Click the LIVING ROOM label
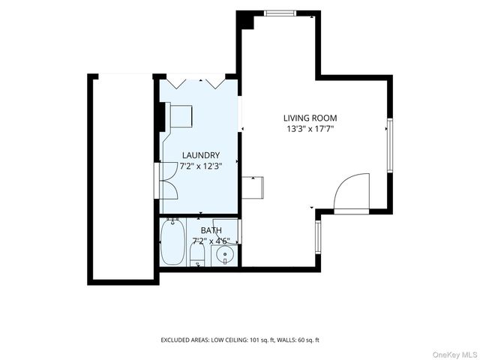coord(310,118)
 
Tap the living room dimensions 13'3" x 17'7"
coord(310,129)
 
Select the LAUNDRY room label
coord(201,155)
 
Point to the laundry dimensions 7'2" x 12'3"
coord(201,166)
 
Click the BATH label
coord(211,230)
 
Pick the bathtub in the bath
coord(172,241)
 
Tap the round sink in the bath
coord(225,254)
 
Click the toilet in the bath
coord(197,253)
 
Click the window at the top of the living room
coord(280,13)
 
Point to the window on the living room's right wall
coord(390,145)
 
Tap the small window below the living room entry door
coord(318,237)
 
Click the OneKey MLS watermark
coord(454,355)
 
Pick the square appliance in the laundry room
coord(181,116)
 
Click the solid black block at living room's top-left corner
coord(245,20)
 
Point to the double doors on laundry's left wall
coord(166,181)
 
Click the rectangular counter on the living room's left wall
coord(253,187)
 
